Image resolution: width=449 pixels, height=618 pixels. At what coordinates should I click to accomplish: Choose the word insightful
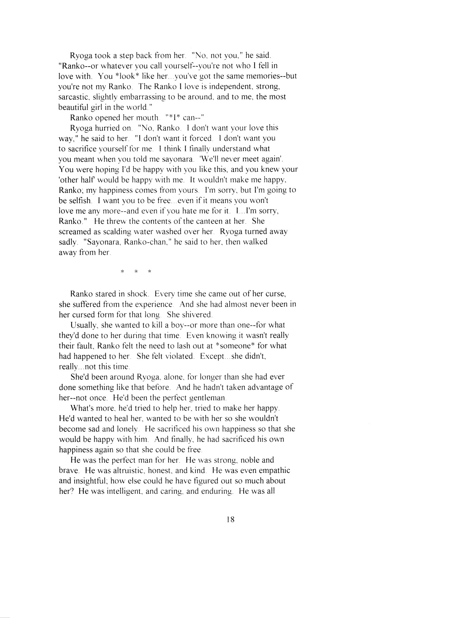tap(93, 481)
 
